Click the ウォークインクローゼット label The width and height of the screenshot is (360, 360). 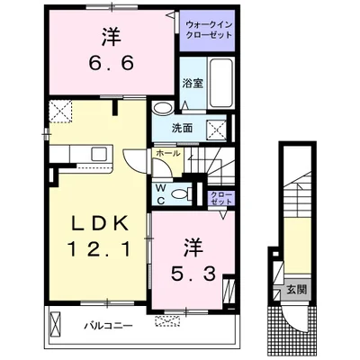point(209,30)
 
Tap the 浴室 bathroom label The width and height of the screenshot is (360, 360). point(193,83)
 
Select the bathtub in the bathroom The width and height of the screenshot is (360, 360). point(221,82)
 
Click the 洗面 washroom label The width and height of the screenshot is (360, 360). point(182,128)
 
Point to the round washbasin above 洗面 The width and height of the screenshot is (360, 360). point(163,108)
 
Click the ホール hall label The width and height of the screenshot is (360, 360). point(168,153)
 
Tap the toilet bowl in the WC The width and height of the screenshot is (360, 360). point(181,193)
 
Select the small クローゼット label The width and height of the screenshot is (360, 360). point(221,198)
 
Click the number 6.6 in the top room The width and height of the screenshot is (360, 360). point(111,63)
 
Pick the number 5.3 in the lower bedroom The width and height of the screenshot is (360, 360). point(193,274)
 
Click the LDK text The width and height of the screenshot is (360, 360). point(99,223)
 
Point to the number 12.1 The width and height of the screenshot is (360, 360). point(99,249)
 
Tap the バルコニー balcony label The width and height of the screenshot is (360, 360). point(108,326)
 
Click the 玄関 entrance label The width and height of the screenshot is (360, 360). point(296,290)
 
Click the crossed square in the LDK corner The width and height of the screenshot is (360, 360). point(61,111)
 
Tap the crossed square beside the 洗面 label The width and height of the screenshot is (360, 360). point(217,129)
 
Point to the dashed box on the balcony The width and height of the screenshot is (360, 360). point(167,320)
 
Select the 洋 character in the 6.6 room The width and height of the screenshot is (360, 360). point(111,37)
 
